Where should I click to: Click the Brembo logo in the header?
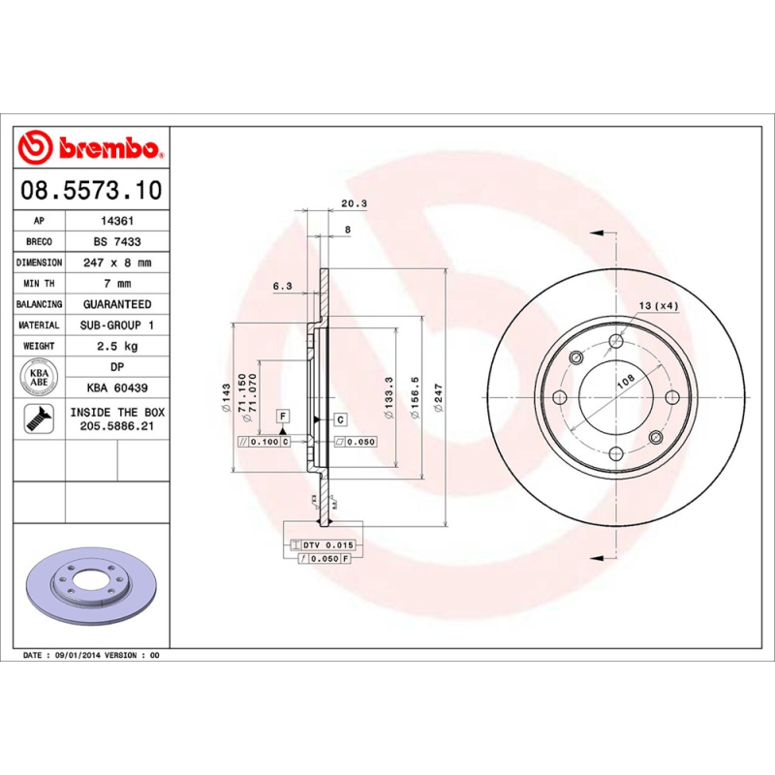(92, 149)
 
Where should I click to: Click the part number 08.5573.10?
(92, 190)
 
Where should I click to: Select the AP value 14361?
(117, 221)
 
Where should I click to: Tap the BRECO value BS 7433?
(117, 241)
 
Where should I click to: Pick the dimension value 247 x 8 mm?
(117, 263)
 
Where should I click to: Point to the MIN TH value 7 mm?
(117, 284)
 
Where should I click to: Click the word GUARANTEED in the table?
(117, 304)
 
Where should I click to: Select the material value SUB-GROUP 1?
(117, 325)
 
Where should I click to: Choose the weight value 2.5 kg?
(117, 346)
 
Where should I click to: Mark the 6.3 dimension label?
(283, 286)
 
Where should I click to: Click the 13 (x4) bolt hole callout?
(658, 306)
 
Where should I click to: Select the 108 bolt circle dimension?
(625, 381)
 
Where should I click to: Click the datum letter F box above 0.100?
(283, 417)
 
